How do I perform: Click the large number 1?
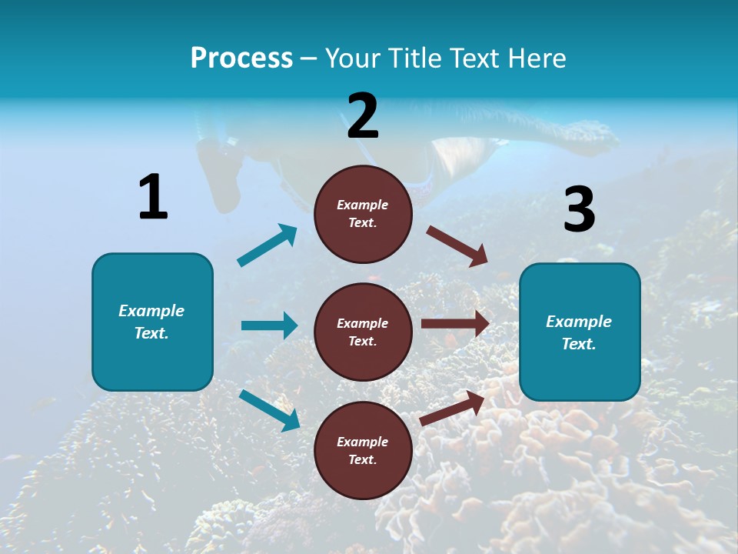click(x=153, y=197)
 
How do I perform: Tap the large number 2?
click(x=363, y=116)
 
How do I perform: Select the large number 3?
click(x=579, y=210)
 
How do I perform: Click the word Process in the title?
click(x=241, y=58)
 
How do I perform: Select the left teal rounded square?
click(x=152, y=322)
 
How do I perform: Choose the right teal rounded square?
click(x=580, y=332)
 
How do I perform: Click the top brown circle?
click(x=363, y=214)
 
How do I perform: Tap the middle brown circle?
click(x=363, y=332)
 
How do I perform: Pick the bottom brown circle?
click(x=363, y=450)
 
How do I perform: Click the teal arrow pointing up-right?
click(x=268, y=245)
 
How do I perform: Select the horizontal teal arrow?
click(x=269, y=325)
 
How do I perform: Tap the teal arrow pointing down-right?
click(x=270, y=409)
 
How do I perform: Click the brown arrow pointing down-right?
click(x=457, y=245)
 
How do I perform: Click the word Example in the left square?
click(x=151, y=311)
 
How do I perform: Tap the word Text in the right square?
click(x=579, y=344)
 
